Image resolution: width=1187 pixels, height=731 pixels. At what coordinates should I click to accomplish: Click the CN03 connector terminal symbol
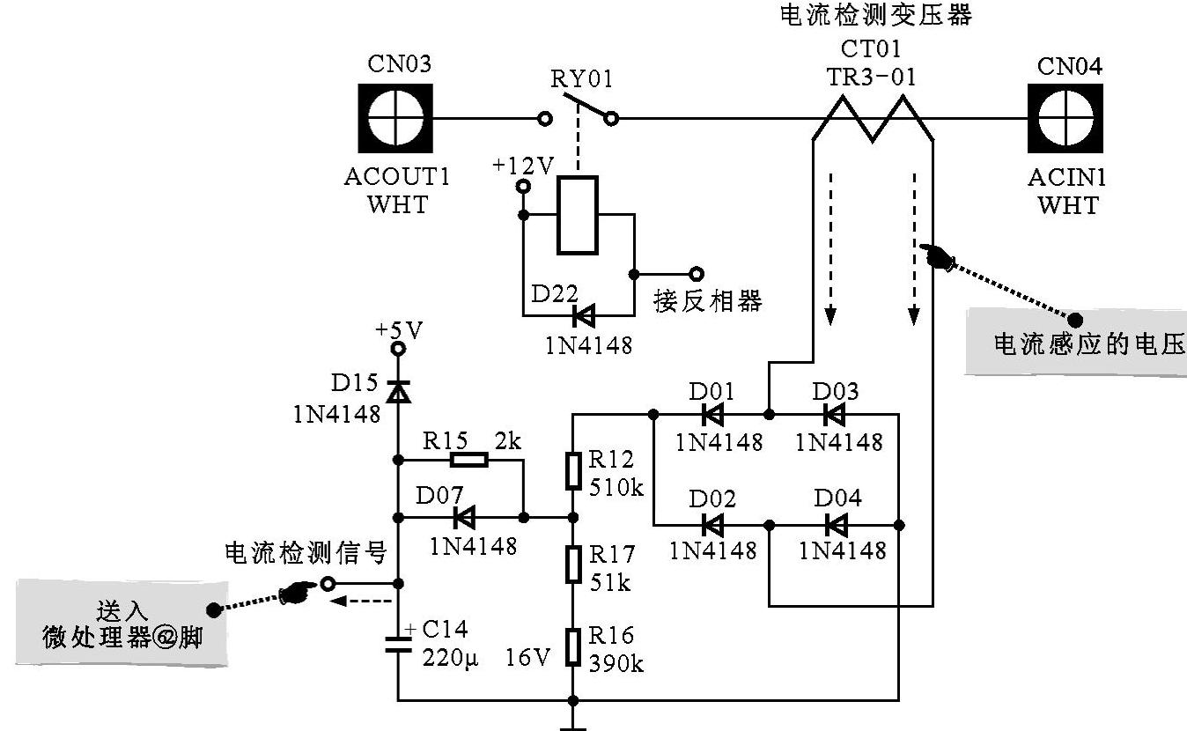point(394,119)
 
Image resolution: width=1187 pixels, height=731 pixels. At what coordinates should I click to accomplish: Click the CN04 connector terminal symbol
point(1065,119)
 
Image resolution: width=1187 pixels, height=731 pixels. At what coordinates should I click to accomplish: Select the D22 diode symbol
point(582,314)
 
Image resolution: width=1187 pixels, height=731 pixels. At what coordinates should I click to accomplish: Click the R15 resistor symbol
point(468,460)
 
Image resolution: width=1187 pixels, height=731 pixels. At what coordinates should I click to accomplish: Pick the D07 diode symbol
point(461,517)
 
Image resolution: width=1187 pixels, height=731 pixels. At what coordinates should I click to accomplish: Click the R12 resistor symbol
point(573,471)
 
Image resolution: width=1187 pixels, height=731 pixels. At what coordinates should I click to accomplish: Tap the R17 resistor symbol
point(573,564)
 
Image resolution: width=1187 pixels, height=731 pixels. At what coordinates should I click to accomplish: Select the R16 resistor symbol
point(573,647)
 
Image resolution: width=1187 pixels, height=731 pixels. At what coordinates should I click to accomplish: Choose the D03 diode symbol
point(833,414)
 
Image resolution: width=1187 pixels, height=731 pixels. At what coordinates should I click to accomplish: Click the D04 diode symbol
point(836,526)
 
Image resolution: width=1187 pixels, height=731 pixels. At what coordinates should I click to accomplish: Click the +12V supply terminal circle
point(522,187)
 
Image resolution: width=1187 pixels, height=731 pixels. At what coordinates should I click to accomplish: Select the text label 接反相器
point(707,302)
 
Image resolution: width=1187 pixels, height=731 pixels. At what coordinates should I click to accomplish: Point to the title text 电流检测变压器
point(876,15)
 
